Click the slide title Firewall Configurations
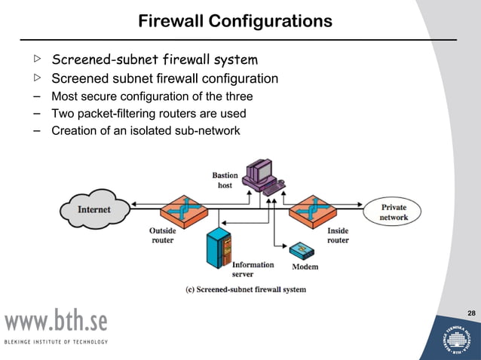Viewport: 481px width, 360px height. click(235, 21)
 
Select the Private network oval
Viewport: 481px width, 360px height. click(394, 212)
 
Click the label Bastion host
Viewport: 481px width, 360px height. click(225, 180)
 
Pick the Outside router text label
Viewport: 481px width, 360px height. click(162, 236)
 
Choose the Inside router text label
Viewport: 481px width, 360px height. click(338, 236)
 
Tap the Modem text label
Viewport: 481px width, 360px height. click(305, 267)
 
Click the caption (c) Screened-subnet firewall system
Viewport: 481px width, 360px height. click(246, 289)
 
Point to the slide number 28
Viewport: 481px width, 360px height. click(471, 313)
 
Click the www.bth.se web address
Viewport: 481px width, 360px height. click(57, 322)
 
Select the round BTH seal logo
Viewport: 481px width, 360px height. click(459, 336)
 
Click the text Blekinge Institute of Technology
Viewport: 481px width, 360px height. click(57, 342)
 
